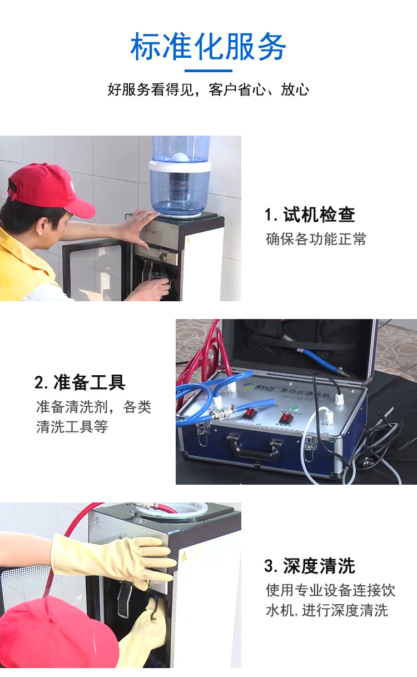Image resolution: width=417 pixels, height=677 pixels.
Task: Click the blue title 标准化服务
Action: pos(209,47)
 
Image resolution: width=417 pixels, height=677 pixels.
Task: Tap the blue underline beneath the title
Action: pos(209,71)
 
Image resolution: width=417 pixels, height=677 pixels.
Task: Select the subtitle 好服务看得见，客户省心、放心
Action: pos(209,89)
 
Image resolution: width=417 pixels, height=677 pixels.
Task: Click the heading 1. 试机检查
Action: pos(310,215)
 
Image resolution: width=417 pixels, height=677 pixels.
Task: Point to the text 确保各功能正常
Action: pos(316,239)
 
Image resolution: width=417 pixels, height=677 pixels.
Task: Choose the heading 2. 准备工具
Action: pos(80,382)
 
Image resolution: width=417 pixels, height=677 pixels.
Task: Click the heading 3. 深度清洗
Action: pos(309,565)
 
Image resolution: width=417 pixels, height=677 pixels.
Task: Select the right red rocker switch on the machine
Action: pos(286,419)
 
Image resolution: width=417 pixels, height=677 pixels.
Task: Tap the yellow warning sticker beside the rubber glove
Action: pos(184,555)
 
